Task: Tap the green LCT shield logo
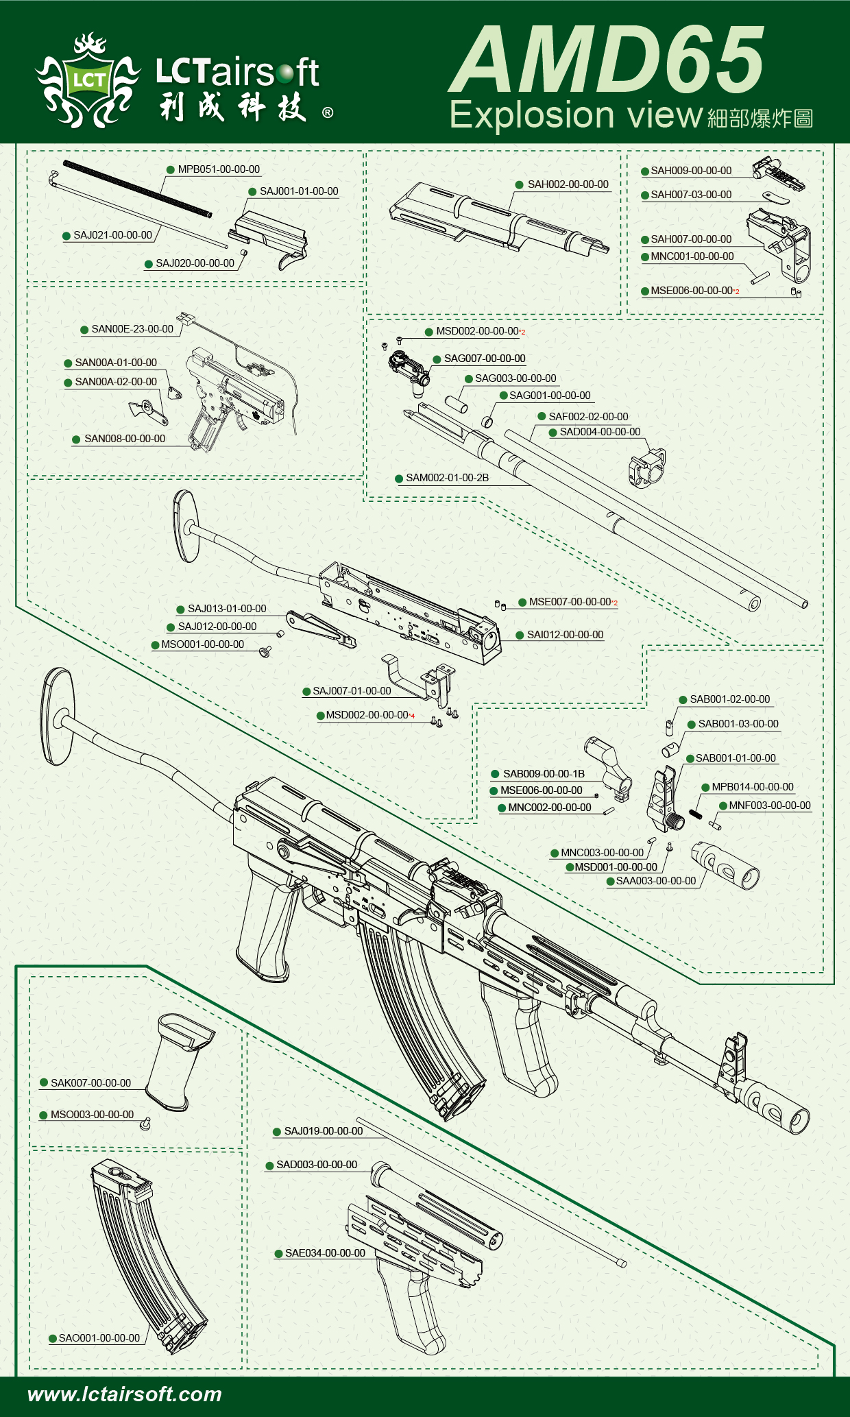click(x=90, y=81)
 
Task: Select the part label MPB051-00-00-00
click(x=219, y=169)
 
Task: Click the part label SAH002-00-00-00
click(x=568, y=184)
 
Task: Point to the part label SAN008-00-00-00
click(x=125, y=439)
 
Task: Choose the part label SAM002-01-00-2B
click(x=447, y=478)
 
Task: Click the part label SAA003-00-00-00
click(x=655, y=881)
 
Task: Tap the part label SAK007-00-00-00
click(x=90, y=1083)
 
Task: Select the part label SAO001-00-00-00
click(x=99, y=1338)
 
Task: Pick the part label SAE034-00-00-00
click(x=325, y=1253)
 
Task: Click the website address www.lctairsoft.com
click(x=125, y=1394)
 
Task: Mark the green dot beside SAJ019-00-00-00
click(x=277, y=1132)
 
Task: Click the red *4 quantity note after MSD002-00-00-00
click(x=412, y=716)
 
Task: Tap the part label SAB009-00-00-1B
click(x=544, y=774)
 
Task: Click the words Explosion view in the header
click(x=576, y=115)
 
